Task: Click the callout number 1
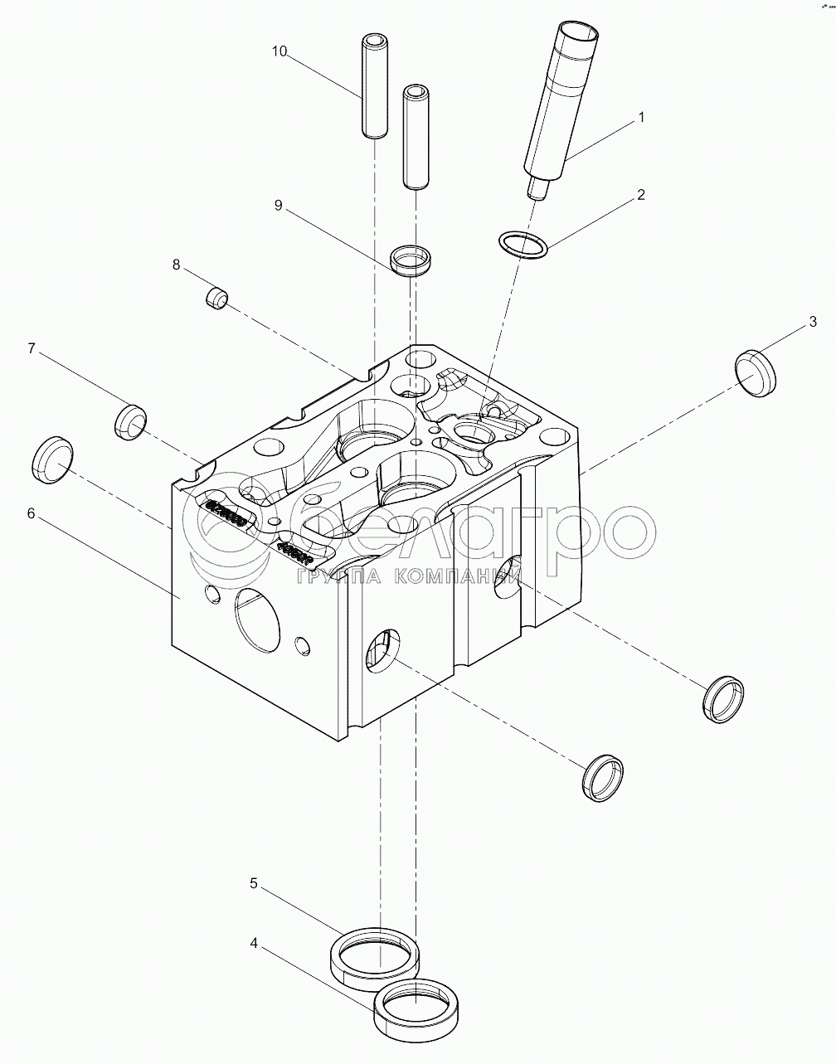[640, 118]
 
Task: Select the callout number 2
[640, 195]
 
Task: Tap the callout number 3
[813, 321]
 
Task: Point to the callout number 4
[255, 943]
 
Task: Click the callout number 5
[255, 883]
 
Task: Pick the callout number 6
[31, 513]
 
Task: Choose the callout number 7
[31, 348]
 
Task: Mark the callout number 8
[176, 265]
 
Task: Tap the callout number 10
[279, 51]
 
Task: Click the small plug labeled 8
[216, 297]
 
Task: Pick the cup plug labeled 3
[757, 372]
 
